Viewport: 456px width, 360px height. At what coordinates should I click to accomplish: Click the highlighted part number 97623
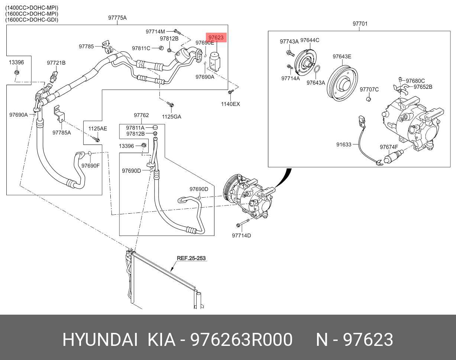pos(216,37)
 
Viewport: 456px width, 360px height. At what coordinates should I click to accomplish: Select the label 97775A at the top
pos(117,17)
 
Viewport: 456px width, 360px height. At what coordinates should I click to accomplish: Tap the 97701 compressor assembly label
pos(360,24)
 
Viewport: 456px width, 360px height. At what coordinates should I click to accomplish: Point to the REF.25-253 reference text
pos(191,258)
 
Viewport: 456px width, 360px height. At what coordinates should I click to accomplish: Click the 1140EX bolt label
pos(230,104)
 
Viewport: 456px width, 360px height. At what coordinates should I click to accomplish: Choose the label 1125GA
pos(171,117)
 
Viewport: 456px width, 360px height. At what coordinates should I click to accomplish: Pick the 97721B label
pos(56,63)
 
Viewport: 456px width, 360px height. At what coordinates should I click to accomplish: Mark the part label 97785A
pos(62,132)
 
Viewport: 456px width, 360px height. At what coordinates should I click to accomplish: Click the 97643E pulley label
pos(342,56)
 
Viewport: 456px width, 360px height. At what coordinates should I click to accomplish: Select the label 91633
pos(344,145)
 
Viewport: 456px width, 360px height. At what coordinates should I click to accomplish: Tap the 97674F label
pos(389,147)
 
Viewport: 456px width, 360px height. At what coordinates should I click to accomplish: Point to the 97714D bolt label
pos(242,235)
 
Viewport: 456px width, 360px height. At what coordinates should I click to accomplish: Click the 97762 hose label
pos(141,115)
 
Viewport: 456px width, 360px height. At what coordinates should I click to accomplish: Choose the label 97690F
pos(91,165)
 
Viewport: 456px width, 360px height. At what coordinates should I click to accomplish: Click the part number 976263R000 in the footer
pos(242,340)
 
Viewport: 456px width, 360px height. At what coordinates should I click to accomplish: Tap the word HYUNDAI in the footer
pos(100,340)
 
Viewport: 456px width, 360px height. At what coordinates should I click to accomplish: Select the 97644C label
pos(310,40)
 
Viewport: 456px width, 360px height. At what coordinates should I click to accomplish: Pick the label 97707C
pos(369,89)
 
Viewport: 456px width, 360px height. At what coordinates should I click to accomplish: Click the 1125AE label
pos(97,129)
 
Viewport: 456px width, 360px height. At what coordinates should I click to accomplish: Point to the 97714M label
pos(155,32)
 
